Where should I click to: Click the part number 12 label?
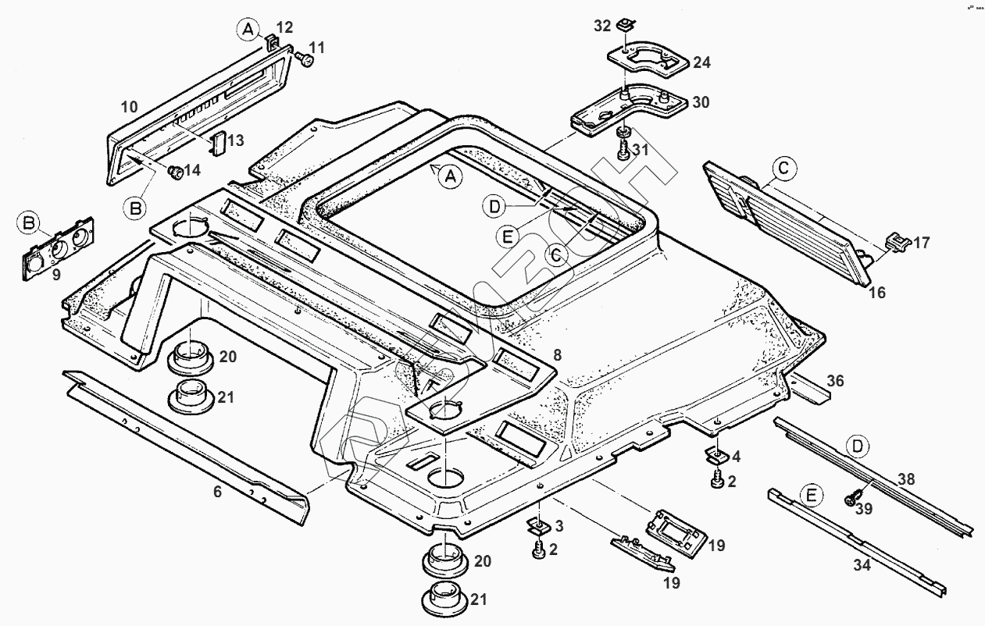tap(284, 28)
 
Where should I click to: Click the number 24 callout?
tap(701, 62)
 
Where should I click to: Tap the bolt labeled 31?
tap(623, 148)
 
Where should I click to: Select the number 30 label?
tap(701, 102)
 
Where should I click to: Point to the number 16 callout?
tap(877, 293)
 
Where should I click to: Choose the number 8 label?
tap(556, 355)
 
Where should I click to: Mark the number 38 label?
tap(905, 479)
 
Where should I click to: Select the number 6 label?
tap(217, 492)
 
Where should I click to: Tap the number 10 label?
tap(129, 106)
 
